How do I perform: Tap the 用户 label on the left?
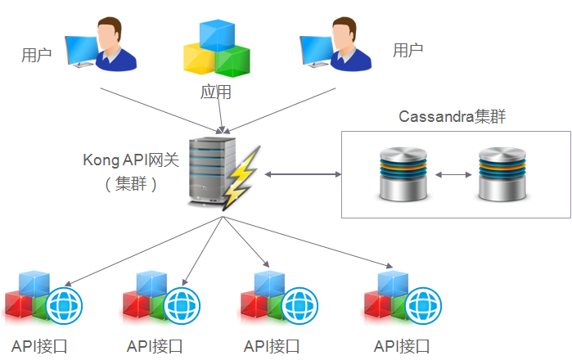pyautogui.click(x=36, y=56)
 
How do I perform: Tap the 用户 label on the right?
pyautogui.click(x=408, y=51)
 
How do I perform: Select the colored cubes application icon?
pyautogui.click(x=215, y=47)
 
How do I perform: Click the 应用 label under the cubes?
pyautogui.click(x=216, y=92)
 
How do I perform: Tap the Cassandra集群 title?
pyautogui.click(x=452, y=116)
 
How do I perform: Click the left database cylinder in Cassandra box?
pyautogui.click(x=403, y=173)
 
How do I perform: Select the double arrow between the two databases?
pyautogui.click(x=453, y=174)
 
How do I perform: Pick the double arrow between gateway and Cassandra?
pyautogui.click(x=302, y=174)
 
